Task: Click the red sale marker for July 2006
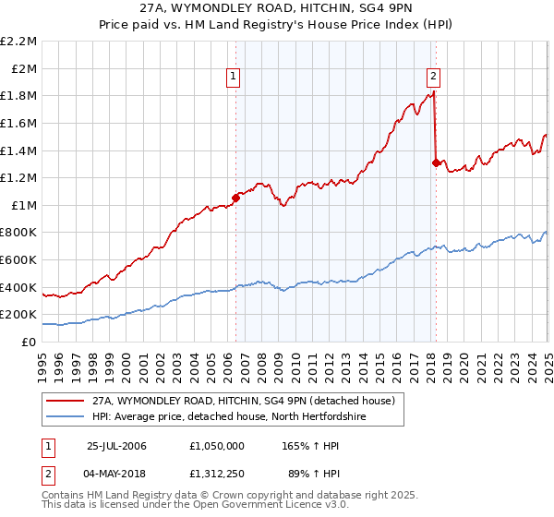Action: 236,197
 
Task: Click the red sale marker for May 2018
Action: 435,162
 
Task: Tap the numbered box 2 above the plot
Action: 433,77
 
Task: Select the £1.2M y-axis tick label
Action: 19,177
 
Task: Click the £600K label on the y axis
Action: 19,259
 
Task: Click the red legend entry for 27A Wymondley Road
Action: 243,401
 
